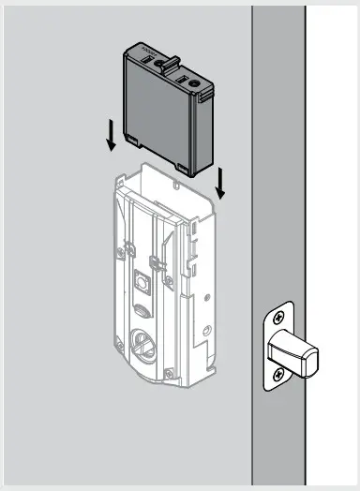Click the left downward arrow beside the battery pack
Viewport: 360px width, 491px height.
click(111, 138)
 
